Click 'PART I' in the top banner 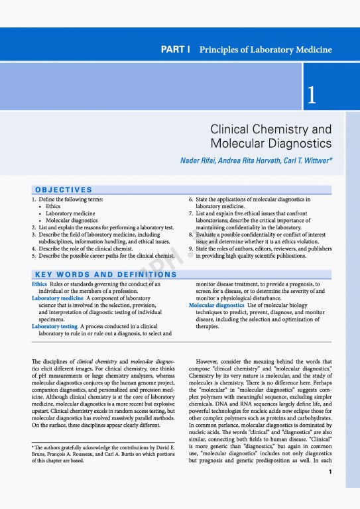coord(176,50)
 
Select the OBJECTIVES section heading coord(64,190)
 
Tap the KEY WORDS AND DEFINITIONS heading coord(105,274)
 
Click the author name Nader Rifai coord(202,160)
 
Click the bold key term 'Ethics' coord(39,284)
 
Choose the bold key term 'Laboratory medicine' coord(58,298)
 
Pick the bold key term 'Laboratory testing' coord(54,327)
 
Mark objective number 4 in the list coord(34,248)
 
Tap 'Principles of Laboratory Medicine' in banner coord(265,50)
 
